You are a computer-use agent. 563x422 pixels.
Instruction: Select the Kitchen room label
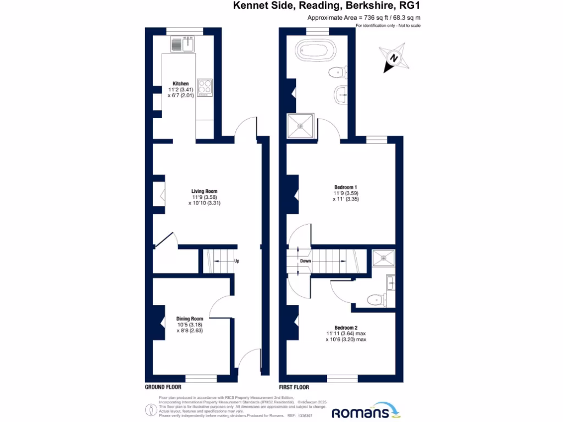click(x=181, y=84)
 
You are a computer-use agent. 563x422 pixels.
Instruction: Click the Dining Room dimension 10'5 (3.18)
click(x=190, y=325)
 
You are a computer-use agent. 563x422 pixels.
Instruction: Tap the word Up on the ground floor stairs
click(x=236, y=261)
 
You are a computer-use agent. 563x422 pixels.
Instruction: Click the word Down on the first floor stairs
click(x=306, y=261)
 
